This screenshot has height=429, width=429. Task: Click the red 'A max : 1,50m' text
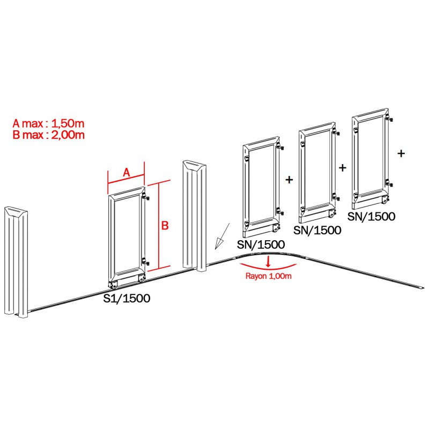pos(48,124)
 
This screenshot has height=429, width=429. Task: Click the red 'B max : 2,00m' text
pos(48,135)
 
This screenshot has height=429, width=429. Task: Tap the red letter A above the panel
pos(126,172)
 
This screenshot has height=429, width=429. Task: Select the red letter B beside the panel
pos(165,225)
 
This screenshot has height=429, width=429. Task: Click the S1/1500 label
pos(127,298)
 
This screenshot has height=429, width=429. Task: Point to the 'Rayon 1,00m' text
pos(269,276)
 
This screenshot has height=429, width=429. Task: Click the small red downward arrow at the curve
pos(268,261)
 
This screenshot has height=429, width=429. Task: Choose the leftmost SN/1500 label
pos(261,245)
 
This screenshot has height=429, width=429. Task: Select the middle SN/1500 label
pos(317,230)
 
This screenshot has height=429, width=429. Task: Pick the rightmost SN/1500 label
pos(371,217)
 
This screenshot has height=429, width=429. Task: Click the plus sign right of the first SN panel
pos(289,180)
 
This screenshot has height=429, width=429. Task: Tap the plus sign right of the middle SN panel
pos(343,168)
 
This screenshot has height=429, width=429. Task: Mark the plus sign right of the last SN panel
pos(401,153)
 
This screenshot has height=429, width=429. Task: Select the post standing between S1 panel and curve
pos(195,216)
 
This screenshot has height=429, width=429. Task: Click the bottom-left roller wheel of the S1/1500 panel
pos(113,286)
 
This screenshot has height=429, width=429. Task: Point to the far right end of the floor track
pos(423,287)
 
